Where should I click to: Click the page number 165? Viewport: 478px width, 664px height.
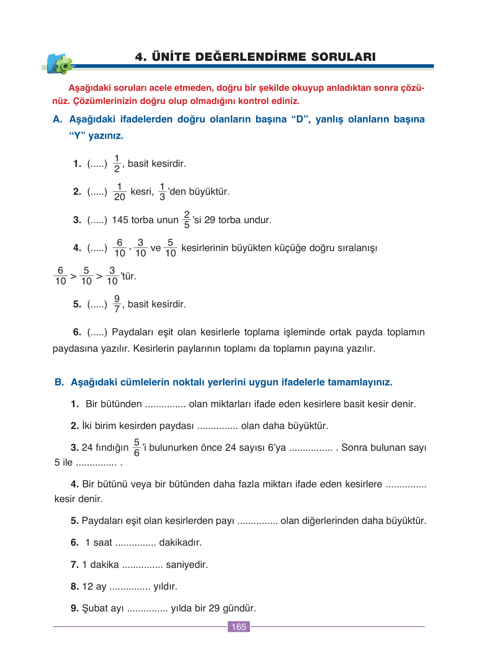238,627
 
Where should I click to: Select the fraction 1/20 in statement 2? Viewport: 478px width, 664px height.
119,192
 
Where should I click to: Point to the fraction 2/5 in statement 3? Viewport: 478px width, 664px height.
187,220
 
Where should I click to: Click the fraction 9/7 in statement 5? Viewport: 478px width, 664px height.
117,304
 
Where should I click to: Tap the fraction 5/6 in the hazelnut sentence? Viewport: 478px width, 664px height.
136,447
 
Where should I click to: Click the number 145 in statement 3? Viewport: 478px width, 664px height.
120,220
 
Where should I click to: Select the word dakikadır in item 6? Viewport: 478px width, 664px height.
180,542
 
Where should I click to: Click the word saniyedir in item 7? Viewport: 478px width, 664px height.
187,565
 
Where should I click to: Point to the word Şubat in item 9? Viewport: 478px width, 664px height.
94,608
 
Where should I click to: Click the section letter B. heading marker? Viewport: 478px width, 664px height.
60,382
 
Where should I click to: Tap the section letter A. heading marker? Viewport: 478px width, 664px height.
58,119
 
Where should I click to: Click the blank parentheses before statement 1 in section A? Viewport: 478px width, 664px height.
97,164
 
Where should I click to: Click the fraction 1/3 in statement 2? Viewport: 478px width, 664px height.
162,192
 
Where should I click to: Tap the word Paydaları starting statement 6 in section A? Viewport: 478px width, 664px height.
132,332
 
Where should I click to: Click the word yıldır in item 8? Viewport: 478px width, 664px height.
165,586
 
